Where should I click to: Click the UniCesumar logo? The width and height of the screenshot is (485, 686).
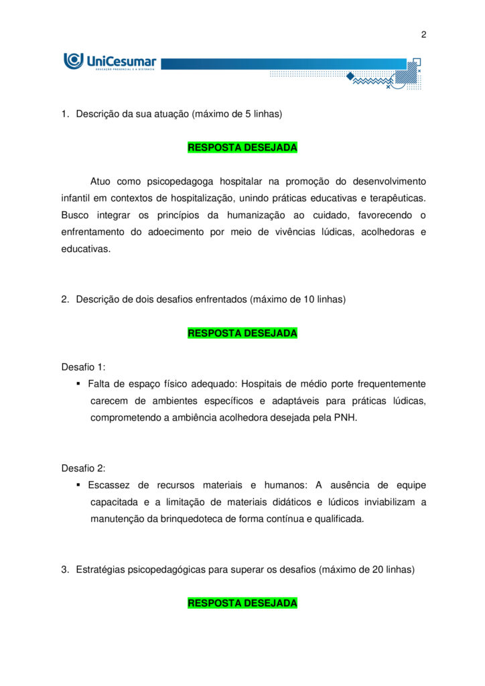[x=110, y=62]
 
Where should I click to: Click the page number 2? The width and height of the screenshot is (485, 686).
[x=423, y=35]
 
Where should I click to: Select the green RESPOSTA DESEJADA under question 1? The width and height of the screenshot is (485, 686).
[x=242, y=147]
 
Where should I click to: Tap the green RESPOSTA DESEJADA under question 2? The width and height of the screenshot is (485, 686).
[x=242, y=333]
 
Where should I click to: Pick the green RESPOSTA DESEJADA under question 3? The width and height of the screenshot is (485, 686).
[x=242, y=603]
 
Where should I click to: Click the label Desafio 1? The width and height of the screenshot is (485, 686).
[x=83, y=367]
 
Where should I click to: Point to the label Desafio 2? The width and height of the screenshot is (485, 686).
[x=83, y=468]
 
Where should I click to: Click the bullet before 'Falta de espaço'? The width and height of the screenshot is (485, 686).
[x=78, y=384]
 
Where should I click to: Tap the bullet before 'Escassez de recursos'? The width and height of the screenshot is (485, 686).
[x=78, y=485]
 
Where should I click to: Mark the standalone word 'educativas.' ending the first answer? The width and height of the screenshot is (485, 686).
[x=86, y=249]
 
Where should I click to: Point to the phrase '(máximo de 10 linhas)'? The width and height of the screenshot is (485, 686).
[x=298, y=299]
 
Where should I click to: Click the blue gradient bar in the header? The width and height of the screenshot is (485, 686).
[x=281, y=64]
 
